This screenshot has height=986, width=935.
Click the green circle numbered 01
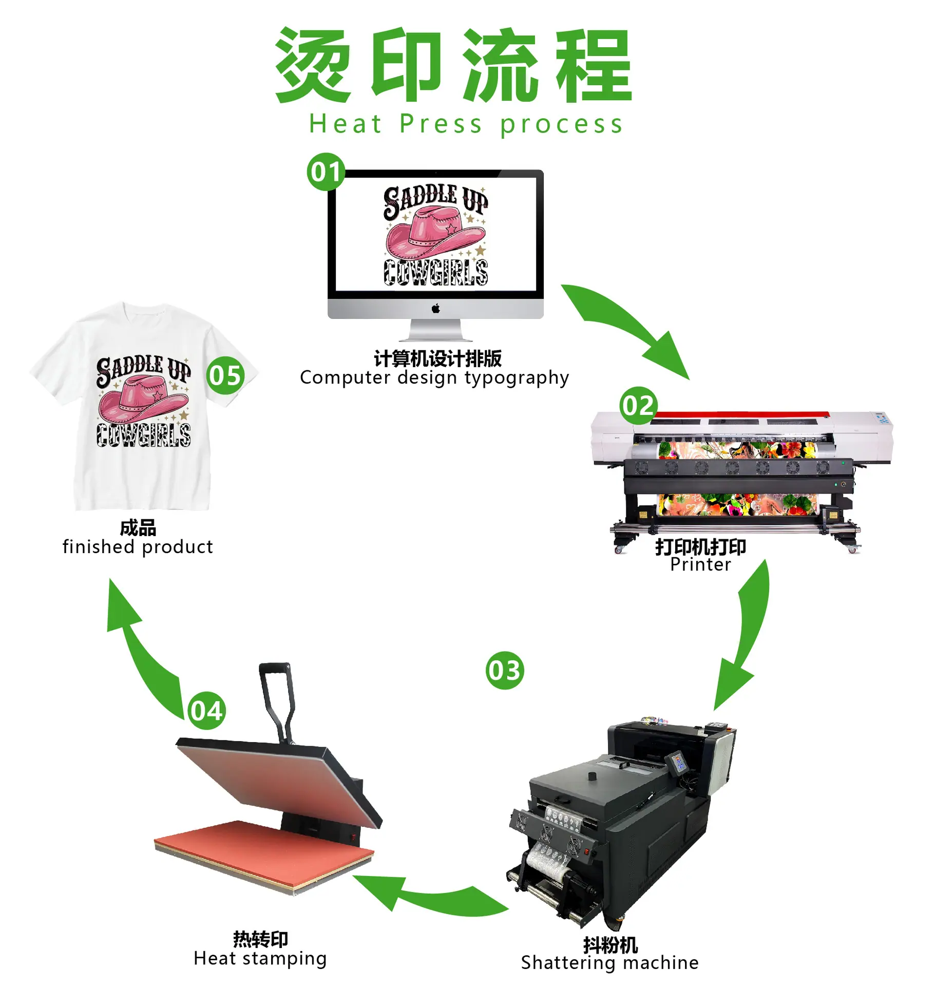pyautogui.click(x=326, y=172)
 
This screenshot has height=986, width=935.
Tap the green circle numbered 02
pyautogui.click(x=638, y=405)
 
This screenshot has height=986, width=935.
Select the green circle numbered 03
pyautogui.click(x=504, y=670)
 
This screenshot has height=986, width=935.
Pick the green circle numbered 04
pyautogui.click(x=206, y=710)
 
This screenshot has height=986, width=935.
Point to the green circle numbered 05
pyautogui.click(x=225, y=375)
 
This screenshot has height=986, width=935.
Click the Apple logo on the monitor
pyautogui.click(x=435, y=308)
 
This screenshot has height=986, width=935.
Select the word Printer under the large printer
pyautogui.click(x=700, y=564)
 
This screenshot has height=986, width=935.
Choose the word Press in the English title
pyautogui.click(x=441, y=124)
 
